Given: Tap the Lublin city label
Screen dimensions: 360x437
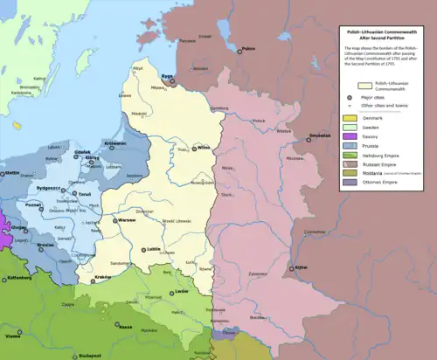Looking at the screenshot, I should (x=156, y=250).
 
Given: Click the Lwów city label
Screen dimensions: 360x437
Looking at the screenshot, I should (x=181, y=287).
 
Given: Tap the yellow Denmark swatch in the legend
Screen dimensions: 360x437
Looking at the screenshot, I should (x=348, y=117).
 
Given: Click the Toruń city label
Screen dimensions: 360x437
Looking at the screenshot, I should (x=85, y=193).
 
